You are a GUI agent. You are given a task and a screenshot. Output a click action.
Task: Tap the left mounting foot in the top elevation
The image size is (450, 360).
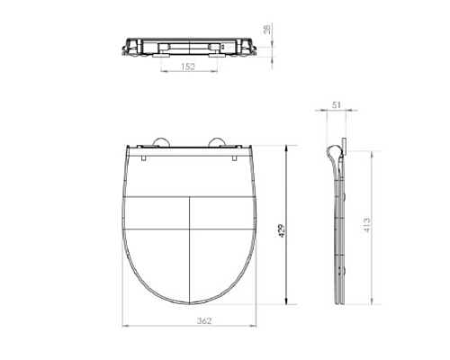pyautogui.click(x=159, y=53)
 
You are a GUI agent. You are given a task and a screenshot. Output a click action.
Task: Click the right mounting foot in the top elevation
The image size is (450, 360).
pyautogui.click(x=215, y=53)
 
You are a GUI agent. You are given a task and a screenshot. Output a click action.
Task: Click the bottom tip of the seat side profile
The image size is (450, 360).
pyautogui.click(x=338, y=301)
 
